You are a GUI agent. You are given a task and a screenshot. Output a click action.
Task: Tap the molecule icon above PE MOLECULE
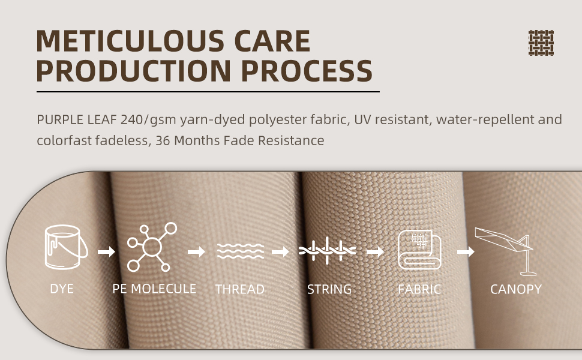151,247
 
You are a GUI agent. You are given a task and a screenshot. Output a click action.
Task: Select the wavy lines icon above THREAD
241,251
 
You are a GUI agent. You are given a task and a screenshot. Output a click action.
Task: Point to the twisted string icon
327,251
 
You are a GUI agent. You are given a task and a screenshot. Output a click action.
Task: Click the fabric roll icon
419,249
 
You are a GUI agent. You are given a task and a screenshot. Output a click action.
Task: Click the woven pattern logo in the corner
541,43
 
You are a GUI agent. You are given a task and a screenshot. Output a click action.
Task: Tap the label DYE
62,289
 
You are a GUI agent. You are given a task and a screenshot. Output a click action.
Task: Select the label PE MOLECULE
154,289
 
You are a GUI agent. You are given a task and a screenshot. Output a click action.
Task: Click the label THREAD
240,289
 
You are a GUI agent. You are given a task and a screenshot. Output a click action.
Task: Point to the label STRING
329,289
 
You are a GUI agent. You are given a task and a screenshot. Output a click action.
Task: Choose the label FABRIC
419,289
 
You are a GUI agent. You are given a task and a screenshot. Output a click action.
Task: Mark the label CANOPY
516,289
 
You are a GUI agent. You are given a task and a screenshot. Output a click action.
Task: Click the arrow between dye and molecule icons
106,252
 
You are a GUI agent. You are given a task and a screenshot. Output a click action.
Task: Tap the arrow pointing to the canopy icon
466,251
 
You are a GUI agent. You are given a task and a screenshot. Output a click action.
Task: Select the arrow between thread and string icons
280,251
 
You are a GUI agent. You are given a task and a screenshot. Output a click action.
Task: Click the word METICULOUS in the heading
130,41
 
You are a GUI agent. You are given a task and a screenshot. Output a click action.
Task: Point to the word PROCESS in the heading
307,71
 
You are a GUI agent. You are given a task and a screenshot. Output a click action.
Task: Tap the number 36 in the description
163,140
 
